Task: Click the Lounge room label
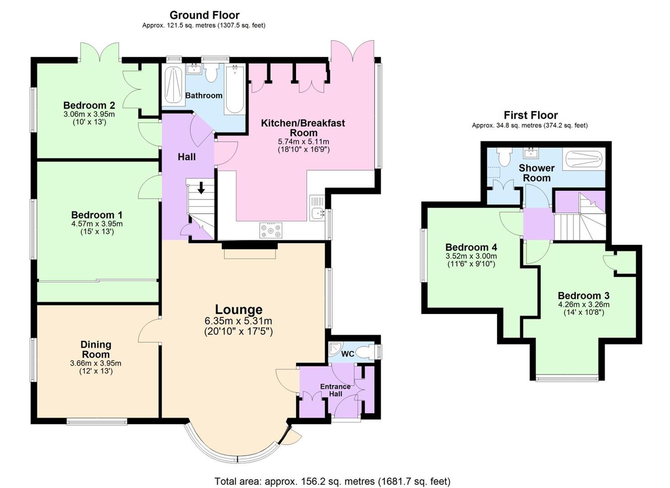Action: click(238, 310)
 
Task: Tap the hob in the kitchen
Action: click(271, 230)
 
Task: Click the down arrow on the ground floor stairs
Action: click(201, 188)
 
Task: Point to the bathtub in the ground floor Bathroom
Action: click(235, 89)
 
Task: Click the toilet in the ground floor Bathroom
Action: click(211, 72)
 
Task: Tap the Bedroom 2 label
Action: click(89, 105)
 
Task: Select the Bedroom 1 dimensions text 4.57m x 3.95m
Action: click(97, 224)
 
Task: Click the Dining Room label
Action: click(96, 349)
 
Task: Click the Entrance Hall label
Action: click(335, 390)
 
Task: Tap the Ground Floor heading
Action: click(204, 15)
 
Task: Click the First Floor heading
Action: click(531, 115)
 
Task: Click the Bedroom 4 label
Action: click(471, 247)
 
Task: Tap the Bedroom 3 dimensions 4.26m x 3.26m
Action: click(583, 305)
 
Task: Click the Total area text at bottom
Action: click(332, 481)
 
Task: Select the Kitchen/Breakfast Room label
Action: click(303, 127)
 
